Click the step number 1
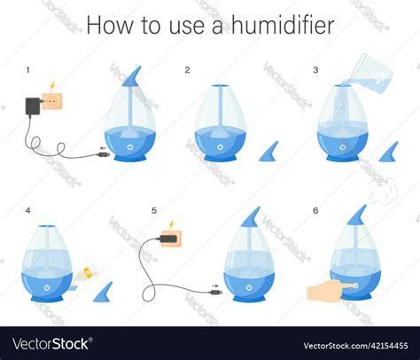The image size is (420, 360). click(x=27, y=69)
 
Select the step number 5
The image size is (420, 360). click(x=153, y=211)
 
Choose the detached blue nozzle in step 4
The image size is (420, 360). click(x=105, y=292)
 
